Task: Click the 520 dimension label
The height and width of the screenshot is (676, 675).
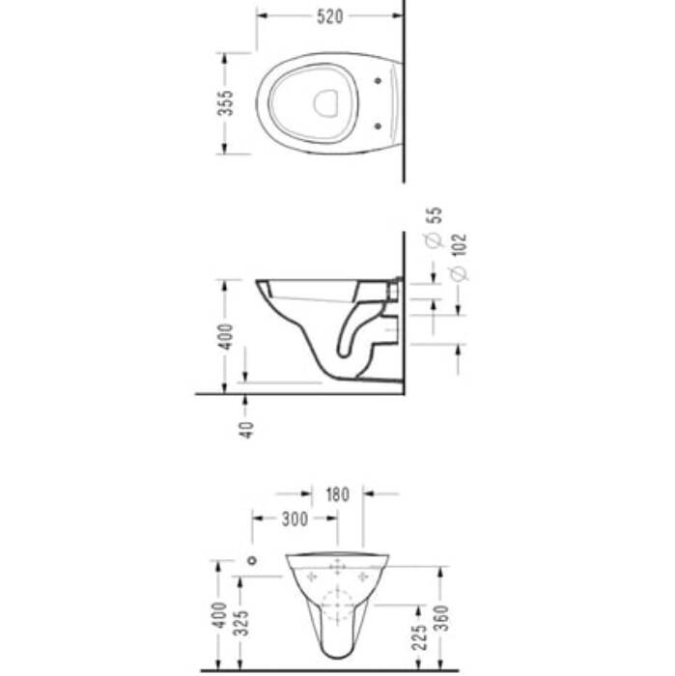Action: (x=329, y=16)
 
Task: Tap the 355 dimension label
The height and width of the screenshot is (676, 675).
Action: (x=225, y=103)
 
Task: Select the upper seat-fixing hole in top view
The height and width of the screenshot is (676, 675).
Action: (x=378, y=80)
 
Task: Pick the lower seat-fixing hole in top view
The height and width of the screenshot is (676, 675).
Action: (x=378, y=126)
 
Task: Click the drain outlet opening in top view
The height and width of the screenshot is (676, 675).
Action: (x=325, y=103)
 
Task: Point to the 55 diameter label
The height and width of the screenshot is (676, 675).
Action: (x=436, y=215)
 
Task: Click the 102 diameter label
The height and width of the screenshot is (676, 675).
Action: (x=460, y=245)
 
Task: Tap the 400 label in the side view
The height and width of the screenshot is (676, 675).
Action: (x=225, y=337)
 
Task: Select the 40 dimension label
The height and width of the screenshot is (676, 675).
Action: (x=246, y=430)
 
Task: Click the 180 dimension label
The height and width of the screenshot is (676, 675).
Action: (x=338, y=494)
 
